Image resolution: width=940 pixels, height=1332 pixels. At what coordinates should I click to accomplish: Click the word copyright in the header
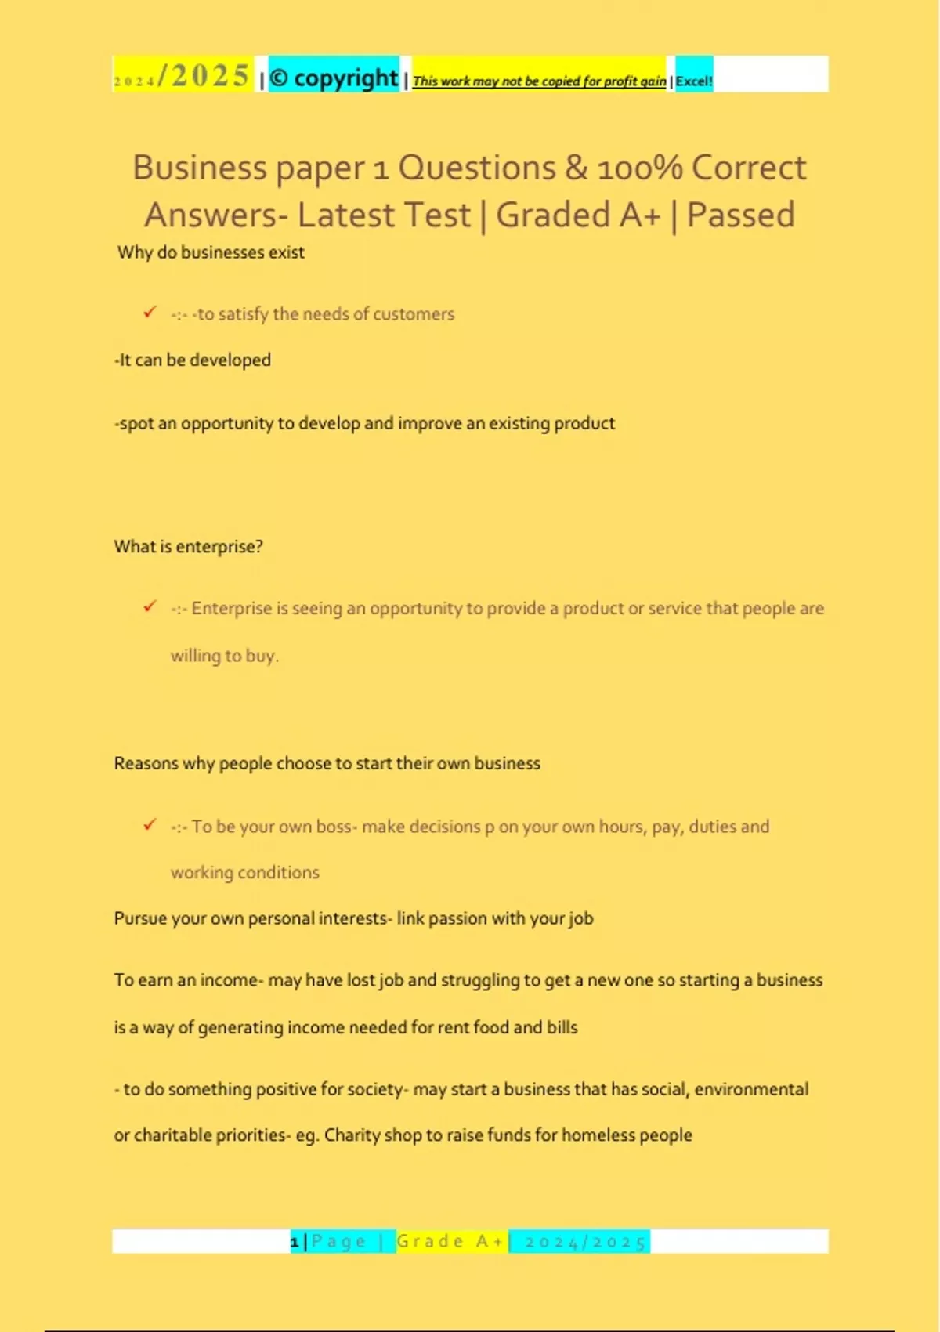click(x=346, y=78)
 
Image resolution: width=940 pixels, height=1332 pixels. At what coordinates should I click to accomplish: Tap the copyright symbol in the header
click(x=279, y=78)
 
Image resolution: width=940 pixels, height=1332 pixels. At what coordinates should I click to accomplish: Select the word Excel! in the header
click(x=694, y=81)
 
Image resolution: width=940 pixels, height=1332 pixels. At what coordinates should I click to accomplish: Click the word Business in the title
click(x=200, y=168)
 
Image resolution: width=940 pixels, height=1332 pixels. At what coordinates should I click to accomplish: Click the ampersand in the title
click(x=576, y=168)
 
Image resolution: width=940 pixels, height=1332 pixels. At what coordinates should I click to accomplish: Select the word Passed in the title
click(x=740, y=215)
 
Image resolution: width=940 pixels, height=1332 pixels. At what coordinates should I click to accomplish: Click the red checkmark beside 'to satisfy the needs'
click(x=150, y=312)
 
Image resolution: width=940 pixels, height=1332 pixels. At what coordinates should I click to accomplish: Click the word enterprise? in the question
click(x=220, y=546)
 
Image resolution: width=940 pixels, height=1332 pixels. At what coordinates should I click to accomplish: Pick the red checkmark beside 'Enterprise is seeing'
click(x=150, y=606)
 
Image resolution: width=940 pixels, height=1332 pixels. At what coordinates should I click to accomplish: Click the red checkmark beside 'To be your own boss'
click(x=150, y=824)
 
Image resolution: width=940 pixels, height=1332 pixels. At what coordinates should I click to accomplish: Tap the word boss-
click(x=334, y=827)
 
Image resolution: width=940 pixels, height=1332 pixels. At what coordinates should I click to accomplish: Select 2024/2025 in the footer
click(x=586, y=1242)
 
